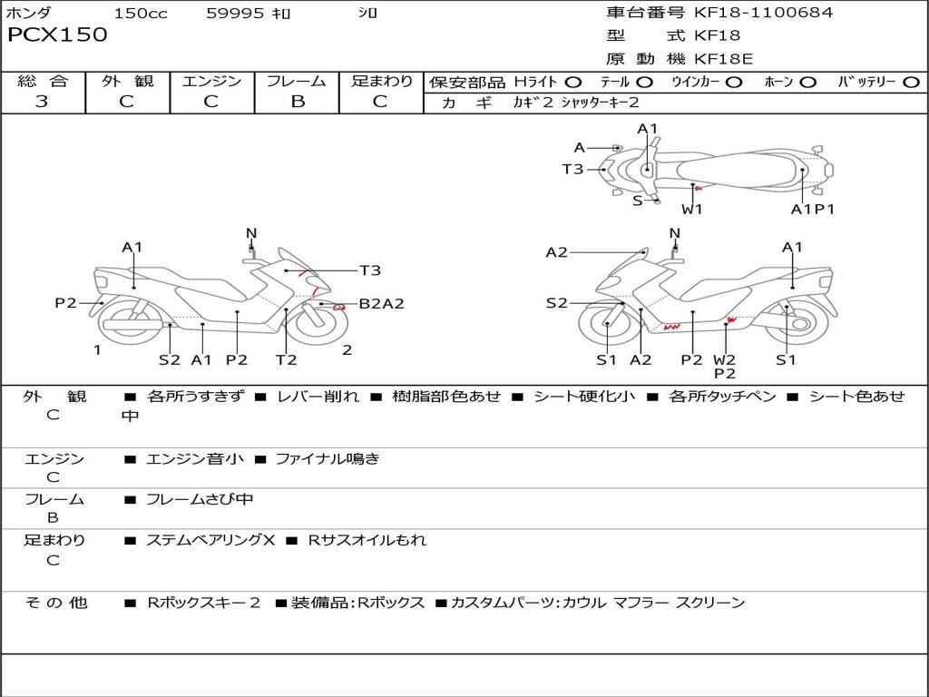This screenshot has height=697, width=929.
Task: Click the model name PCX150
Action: click(57, 35)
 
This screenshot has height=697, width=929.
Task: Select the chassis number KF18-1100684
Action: click(763, 13)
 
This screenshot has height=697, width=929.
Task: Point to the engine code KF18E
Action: click(724, 59)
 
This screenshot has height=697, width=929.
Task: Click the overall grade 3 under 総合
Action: click(42, 102)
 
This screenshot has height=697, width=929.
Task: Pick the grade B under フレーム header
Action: click(298, 102)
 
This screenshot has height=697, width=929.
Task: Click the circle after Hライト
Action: click(573, 82)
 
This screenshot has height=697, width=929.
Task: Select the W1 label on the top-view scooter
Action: click(692, 209)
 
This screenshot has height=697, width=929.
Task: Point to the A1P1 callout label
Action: click(812, 209)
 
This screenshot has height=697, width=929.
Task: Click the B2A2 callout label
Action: click(381, 304)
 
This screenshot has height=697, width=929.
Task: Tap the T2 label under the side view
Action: click(286, 360)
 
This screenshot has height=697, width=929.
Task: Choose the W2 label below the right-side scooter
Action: click(724, 360)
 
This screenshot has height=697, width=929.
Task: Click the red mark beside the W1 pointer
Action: click(699, 188)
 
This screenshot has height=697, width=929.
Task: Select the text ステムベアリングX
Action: click(210, 540)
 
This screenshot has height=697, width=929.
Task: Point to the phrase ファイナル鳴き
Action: click(328, 459)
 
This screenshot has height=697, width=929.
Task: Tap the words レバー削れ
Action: click(317, 397)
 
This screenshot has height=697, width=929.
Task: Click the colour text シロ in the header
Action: click(367, 13)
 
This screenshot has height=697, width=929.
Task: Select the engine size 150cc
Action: click(141, 13)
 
